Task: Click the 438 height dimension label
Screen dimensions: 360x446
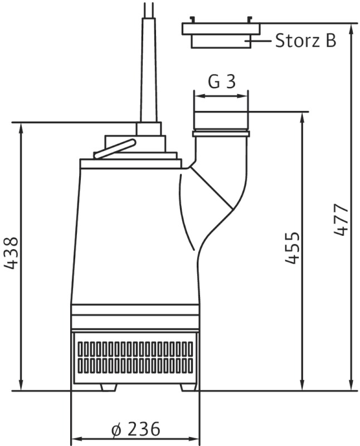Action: (x=12, y=253)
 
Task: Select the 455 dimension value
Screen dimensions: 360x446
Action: (x=292, y=248)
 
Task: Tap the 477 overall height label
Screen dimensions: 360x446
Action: (x=341, y=219)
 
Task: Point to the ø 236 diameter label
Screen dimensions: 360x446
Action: (x=135, y=429)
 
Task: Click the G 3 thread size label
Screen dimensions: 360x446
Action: (x=222, y=81)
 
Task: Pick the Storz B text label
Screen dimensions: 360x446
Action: (x=306, y=40)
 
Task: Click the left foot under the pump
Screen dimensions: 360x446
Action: (x=109, y=387)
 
